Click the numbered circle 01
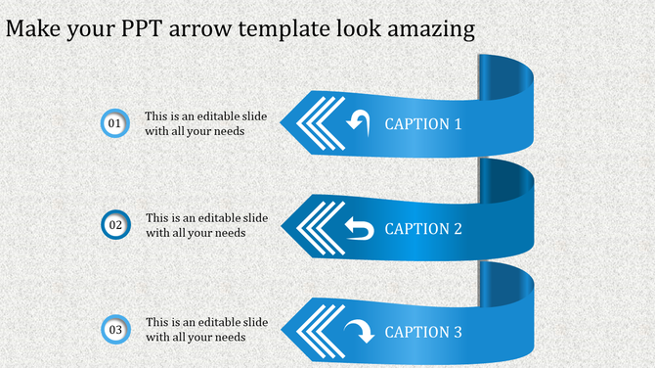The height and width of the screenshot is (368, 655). point(114,123)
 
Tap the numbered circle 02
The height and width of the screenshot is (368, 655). point(115,225)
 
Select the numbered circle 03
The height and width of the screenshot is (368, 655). point(115,330)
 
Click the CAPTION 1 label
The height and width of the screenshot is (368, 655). point(423,124)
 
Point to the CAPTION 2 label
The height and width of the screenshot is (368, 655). point(423,229)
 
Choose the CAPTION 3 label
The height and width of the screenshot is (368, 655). point(423,333)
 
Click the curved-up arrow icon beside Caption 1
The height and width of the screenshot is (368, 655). point(359,122)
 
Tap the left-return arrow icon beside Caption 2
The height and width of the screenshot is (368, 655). point(359,229)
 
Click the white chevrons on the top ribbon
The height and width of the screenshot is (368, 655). point(315,123)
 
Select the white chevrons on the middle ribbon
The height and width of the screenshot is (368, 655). point(315,228)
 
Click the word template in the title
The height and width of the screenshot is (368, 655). point(274,30)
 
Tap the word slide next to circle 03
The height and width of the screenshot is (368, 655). point(255,322)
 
